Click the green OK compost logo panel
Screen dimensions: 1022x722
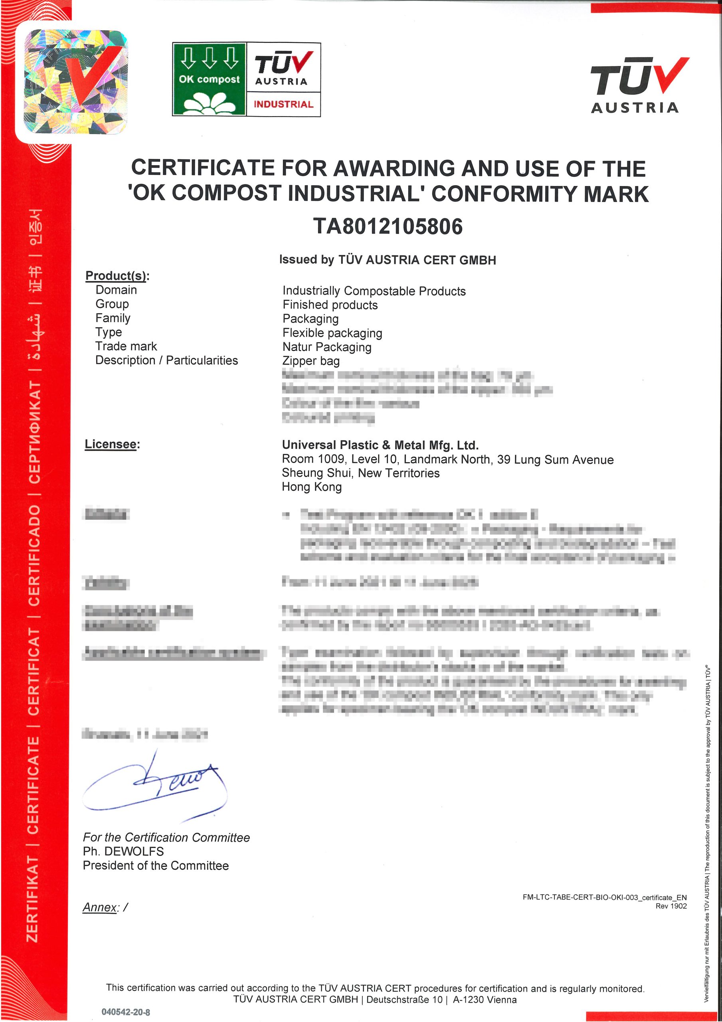tap(209, 79)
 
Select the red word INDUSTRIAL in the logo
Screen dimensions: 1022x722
tap(283, 104)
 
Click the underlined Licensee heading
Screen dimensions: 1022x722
tap(111, 444)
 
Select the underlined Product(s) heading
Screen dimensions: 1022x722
tap(116, 275)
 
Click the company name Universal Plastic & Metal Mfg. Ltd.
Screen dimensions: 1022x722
tap(380, 445)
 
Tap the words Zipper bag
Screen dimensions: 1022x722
tap(311, 361)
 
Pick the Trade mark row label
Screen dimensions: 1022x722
tap(126, 346)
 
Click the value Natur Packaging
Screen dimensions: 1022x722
tap(327, 347)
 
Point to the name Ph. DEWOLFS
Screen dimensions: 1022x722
tap(123, 851)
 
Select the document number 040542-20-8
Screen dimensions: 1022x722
tap(126, 1012)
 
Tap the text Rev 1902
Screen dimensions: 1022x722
tap(671, 906)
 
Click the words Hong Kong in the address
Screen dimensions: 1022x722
tap(312, 487)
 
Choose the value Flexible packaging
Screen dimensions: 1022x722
tap(332, 333)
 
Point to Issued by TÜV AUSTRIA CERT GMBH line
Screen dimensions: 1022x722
tap(387, 260)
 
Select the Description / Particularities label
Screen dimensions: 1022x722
tap(166, 360)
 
